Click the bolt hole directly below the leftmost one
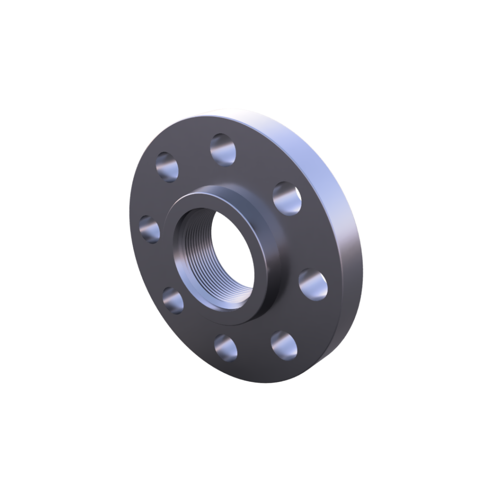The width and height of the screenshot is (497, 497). [173, 299]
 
